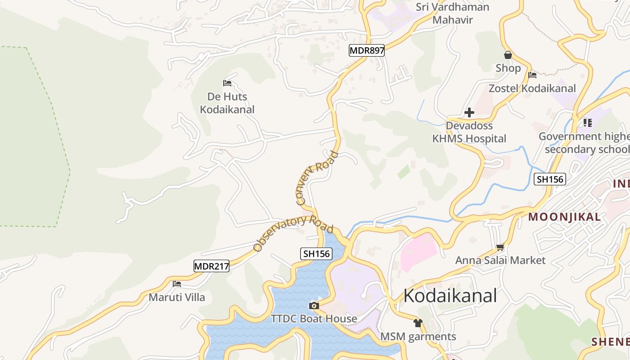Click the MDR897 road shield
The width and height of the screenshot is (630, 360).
[x=367, y=50]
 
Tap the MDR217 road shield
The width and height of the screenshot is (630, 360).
[x=211, y=266]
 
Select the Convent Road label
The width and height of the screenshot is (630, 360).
[x=317, y=178]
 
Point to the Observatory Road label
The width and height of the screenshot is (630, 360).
[x=293, y=232]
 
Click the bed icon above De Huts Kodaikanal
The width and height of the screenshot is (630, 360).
[x=227, y=83]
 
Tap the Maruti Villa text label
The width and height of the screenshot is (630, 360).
[x=177, y=297]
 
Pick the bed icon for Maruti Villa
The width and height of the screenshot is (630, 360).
[x=177, y=284]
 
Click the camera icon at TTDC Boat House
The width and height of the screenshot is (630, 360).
[x=314, y=306]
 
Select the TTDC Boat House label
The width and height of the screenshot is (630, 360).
[x=314, y=319]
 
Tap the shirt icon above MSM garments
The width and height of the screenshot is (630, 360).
[x=418, y=323]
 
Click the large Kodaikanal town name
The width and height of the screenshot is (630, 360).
[x=450, y=296]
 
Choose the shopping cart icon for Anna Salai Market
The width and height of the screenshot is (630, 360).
[x=500, y=247]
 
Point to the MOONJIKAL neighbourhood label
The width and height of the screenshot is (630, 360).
[x=564, y=217]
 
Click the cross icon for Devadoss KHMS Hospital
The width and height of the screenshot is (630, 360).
[x=469, y=112]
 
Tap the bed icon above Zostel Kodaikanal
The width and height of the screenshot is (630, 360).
[x=532, y=75]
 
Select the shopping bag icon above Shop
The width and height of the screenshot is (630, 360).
[x=508, y=55]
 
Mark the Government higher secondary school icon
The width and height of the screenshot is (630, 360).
[x=587, y=122]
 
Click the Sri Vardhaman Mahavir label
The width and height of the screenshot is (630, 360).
[x=452, y=13]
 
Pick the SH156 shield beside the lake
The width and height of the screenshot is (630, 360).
[x=317, y=254]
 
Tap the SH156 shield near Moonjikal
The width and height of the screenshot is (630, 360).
[x=549, y=180]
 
